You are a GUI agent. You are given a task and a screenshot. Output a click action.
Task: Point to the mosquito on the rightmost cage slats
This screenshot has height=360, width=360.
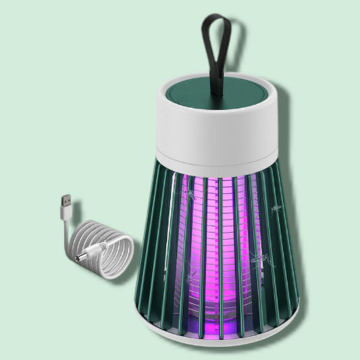[277, 209]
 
